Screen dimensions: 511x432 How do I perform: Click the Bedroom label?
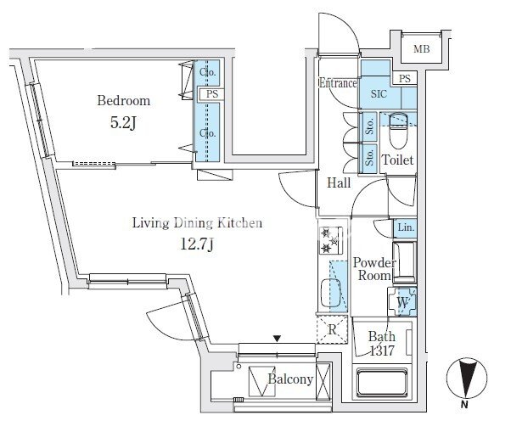(x=124, y=101)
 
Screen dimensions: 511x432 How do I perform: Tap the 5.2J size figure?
(x=123, y=123)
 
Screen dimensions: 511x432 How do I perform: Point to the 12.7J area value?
(x=197, y=244)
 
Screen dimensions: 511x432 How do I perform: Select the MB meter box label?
(x=421, y=49)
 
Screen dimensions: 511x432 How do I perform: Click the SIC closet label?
(x=379, y=94)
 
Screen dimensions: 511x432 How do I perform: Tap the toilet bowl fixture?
(x=398, y=130)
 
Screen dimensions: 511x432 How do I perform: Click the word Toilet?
(x=397, y=160)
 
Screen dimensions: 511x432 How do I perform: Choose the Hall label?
(x=339, y=182)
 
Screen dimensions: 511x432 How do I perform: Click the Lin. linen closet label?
(x=406, y=227)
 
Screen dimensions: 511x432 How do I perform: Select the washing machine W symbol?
(x=402, y=302)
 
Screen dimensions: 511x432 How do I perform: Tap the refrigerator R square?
(x=332, y=329)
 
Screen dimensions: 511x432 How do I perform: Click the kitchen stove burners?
(x=330, y=240)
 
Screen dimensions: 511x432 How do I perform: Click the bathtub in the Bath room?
(x=382, y=383)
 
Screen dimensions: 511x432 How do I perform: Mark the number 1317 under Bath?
(x=382, y=351)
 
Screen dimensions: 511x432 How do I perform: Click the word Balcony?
(x=290, y=379)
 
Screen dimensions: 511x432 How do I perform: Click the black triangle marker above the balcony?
(x=277, y=339)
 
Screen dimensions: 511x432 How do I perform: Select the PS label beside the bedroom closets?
(x=212, y=94)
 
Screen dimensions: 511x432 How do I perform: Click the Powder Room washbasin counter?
(x=405, y=262)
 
